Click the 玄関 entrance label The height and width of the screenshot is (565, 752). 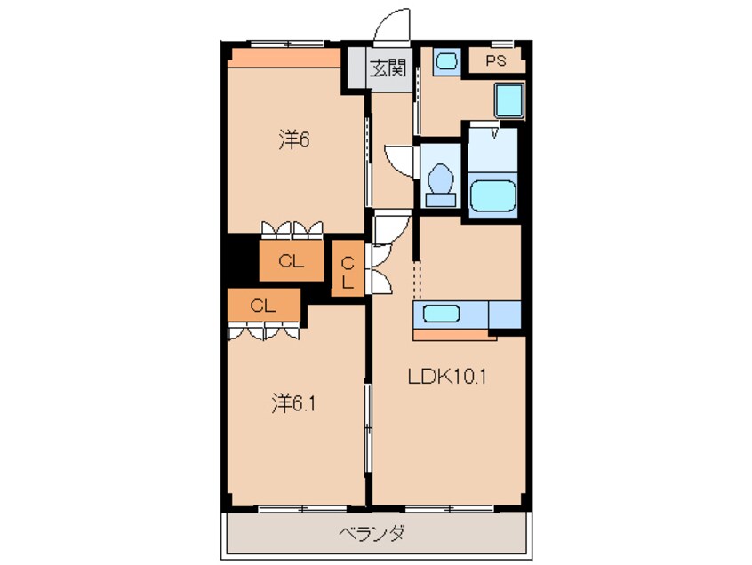(x=388, y=68)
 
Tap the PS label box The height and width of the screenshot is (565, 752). (x=496, y=61)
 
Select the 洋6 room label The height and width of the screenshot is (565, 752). (x=292, y=139)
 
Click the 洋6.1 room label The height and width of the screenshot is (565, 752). (x=293, y=404)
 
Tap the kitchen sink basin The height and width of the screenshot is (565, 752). (x=442, y=314)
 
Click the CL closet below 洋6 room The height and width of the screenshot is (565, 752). (x=291, y=261)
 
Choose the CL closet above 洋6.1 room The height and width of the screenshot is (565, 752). (x=261, y=306)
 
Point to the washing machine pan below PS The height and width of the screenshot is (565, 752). (x=509, y=101)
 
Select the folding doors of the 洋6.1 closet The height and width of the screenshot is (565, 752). (x=265, y=330)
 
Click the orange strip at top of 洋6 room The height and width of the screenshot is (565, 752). (x=284, y=59)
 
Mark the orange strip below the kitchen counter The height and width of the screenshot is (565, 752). (x=453, y=336)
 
